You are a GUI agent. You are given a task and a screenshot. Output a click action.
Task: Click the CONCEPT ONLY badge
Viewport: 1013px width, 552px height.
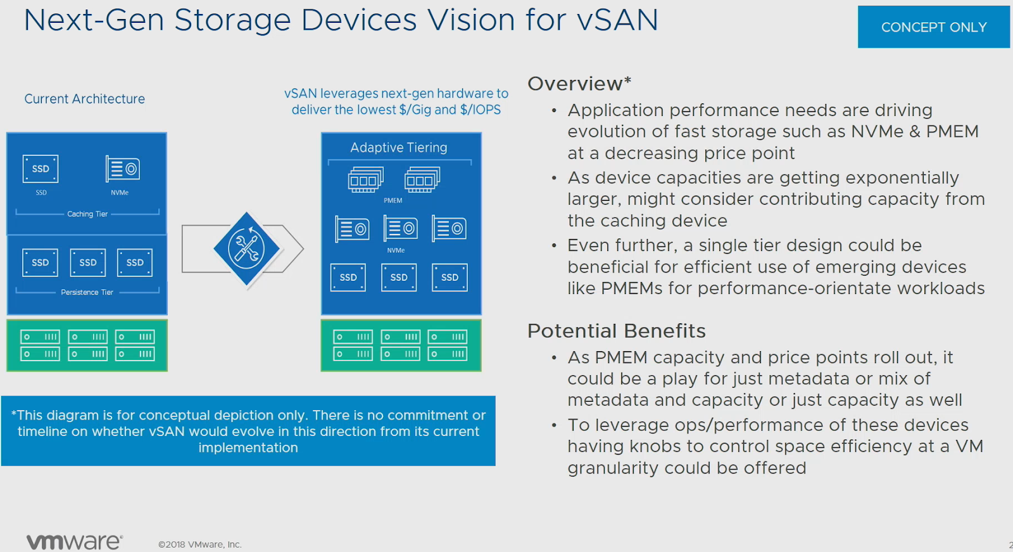click(x=933, y=27)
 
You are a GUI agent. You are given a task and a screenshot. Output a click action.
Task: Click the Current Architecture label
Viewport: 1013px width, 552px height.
click(x=84, y=99)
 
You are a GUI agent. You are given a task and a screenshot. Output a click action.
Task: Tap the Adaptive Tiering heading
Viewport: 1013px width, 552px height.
click(x=399, y=148)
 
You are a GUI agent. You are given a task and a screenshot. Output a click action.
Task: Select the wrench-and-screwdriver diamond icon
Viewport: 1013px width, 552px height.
click(x=246, y=248)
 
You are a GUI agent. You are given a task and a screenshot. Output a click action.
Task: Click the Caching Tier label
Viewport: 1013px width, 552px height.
click(x=87, y=214)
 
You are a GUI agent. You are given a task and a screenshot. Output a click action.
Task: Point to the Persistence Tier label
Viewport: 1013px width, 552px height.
click(x=87, y=292)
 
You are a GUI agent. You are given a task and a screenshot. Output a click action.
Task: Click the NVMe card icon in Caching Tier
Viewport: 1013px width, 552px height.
click(x=122, y=169)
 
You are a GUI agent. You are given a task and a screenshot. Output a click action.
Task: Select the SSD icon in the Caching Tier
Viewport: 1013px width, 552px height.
click(x=41, y=169)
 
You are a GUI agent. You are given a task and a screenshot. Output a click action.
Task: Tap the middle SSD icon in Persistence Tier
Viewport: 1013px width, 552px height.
click(x=88, y=262)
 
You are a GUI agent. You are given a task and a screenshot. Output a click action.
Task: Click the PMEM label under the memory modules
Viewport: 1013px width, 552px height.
click(x=393, y=200)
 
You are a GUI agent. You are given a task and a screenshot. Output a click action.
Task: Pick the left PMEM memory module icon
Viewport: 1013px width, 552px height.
click(x=365, y=179)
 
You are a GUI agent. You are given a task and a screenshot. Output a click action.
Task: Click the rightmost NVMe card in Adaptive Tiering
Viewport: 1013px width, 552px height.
click(x=449, y=228)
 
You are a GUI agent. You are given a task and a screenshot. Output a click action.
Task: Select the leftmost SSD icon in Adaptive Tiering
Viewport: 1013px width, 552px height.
click(x=348, y=278)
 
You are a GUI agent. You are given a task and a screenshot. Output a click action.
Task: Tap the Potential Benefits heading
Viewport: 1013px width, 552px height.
click(x=616, y=331)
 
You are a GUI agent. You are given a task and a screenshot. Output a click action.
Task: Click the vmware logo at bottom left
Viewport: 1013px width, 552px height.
click(x=74, y=541)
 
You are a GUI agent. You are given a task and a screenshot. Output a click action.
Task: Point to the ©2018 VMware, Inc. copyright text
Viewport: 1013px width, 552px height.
click(x=199, y=544)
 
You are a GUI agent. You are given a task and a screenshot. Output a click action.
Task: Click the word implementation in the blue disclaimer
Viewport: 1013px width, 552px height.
click(x=248, y=447)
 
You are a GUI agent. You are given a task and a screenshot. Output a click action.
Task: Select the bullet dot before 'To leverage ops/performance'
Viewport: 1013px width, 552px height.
click(x=554, y=425)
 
